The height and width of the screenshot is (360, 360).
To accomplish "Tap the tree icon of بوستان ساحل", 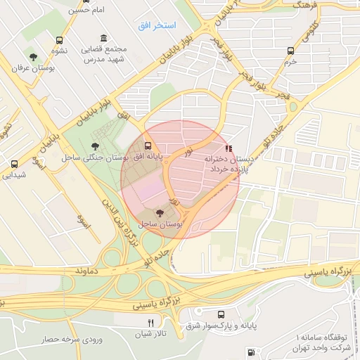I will tap(160, 212).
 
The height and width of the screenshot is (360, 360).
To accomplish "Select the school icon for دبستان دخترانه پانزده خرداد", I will tap(227, 148).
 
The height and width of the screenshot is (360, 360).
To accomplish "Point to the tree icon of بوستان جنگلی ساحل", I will tap(95, 146).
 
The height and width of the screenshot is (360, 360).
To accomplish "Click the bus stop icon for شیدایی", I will tap(14, 165).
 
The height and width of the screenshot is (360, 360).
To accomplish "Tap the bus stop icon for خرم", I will tap(290, 51).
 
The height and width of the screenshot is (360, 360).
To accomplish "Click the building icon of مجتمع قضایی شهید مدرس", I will tap(104, 38).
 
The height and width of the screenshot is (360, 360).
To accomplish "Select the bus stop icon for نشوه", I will tap(59, 40).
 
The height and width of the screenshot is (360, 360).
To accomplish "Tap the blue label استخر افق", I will tap(157, 25).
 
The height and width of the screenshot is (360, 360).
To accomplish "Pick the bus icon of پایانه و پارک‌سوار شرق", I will tap(221, 315).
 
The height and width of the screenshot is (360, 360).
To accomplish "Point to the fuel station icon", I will tap(251, 351).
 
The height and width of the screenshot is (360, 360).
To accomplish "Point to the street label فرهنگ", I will tap(290, 5).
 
